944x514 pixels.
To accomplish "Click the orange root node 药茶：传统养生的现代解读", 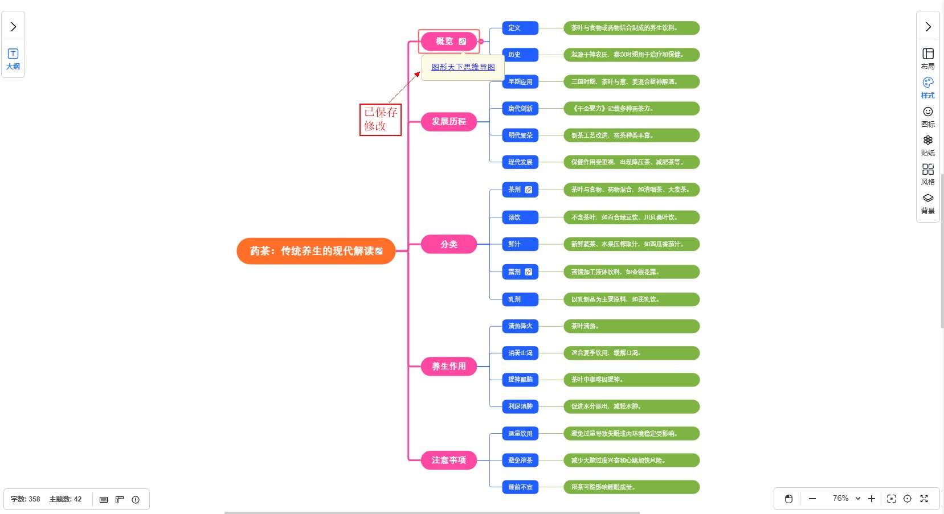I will pos(312,251).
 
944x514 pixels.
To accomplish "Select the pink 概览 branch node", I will pos(444,42).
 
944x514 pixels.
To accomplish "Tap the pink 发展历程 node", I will pos(448,122).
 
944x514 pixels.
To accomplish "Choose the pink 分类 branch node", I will pos(448,244).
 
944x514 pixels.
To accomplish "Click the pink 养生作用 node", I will pos(448,367).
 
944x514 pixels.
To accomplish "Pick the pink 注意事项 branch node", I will pos(448,460).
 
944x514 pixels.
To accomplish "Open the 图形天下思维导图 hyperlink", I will pos(463,67).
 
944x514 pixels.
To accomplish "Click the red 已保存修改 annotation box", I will pos(380,120).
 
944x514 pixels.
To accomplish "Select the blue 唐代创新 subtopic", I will pos(520,109).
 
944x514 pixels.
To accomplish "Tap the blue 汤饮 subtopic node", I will pos(514,217).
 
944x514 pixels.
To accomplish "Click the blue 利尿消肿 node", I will pos(520,406).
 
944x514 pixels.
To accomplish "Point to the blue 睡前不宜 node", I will pos(520,487).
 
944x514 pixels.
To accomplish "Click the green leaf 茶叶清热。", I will pos(631,326).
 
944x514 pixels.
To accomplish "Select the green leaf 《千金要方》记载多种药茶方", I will pos(631,109).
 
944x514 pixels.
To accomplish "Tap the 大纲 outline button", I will pos(13,59).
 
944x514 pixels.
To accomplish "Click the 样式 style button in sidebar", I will pos(927,88).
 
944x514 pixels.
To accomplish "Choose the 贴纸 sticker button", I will pos(927,145).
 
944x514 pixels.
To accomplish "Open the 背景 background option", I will pos(927,203).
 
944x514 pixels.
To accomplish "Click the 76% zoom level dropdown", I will pos(846,499).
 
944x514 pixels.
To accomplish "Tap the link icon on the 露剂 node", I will pos(529,272).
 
